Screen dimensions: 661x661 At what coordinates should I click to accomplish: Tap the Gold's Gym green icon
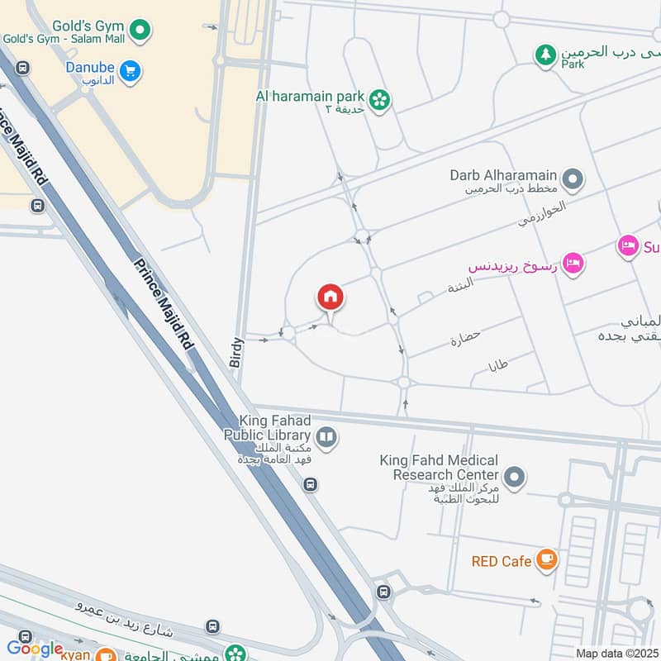pyautogui.click(x=141, y=30)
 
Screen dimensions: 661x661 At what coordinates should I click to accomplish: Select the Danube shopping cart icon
pyautogui.click(x=130, y=72)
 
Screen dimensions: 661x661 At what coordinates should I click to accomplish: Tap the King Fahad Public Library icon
pyautogui.click(x=327, y=437)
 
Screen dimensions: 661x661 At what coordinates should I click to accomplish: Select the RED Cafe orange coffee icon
pyautogui.click(x=546, y=560)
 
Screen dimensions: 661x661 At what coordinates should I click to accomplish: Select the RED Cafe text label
pyautogui.click(x=501, y=562)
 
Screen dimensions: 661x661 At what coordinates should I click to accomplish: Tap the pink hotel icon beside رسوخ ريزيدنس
pyautogui.click(x=574, y=264)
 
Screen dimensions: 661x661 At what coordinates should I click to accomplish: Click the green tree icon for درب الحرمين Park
pyautogui.click(x=544, y=55)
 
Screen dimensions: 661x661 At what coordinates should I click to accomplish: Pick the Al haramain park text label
pyautogui.click(x=310, y=96)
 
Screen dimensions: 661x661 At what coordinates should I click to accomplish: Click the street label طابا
pyautogui.click(x=498, y=364)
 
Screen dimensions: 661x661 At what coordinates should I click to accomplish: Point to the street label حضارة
pyautogui.click(x=465, y=340)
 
